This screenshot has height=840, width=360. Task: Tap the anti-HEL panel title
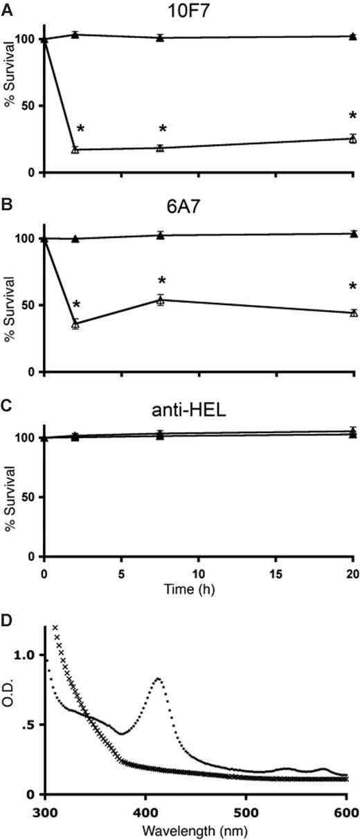(197, 410)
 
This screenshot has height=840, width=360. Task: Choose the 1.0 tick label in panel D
(25, 655)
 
